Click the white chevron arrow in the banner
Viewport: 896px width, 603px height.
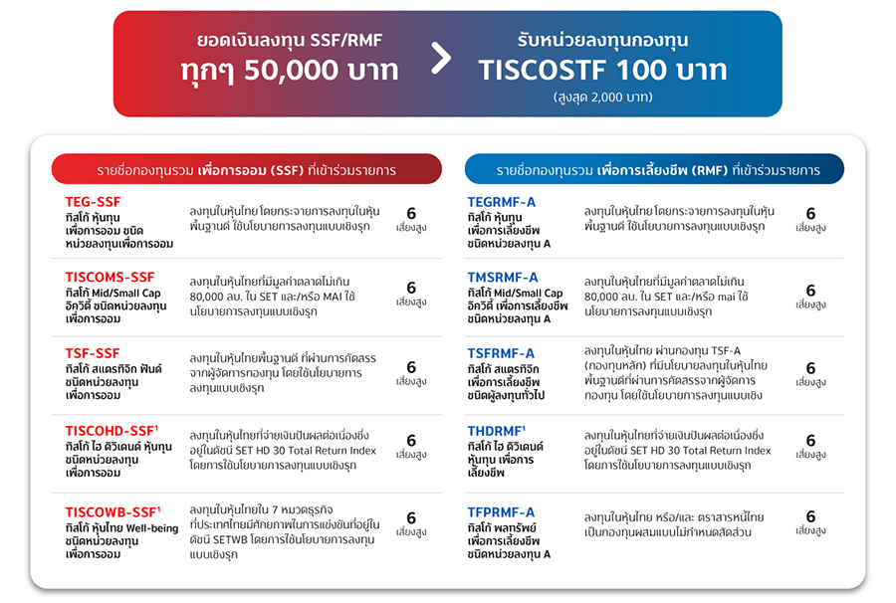[441, 57]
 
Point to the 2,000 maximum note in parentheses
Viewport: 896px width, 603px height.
[602, 98]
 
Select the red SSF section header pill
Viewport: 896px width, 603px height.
[246, 170]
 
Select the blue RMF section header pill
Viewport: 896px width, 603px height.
[654, 170]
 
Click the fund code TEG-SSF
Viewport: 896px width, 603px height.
[94, 202]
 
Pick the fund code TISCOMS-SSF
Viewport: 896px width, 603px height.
[111, 277]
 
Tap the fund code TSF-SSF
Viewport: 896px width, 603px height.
[93, 353]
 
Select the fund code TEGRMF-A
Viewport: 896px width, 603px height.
[502, 202]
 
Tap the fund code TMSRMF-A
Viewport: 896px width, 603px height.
[503, 277]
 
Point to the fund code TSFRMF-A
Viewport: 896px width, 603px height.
[501, 353]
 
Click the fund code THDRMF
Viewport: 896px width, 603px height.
[495, 430]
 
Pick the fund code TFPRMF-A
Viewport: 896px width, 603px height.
[502, 511]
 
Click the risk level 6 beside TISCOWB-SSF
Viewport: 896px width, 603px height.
[411, 518]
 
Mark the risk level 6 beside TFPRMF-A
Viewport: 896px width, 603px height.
[810, 517]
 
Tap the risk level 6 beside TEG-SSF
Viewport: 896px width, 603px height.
[411, 213]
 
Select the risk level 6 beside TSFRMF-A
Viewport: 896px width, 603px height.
[810, 368]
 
